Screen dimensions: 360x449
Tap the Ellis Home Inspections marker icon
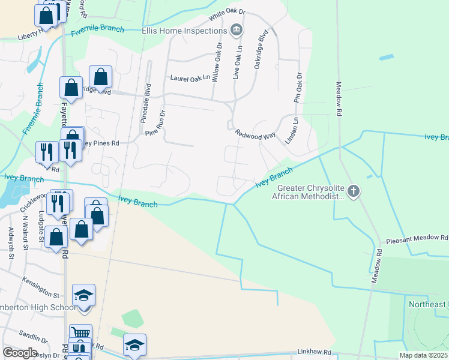point(237,29)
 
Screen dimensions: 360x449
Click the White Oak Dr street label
point(228,11)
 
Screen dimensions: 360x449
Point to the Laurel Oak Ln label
point(190,77)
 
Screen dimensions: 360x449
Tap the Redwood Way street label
point(255,134)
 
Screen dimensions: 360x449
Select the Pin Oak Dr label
point(297,88)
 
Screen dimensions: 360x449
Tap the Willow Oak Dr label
point(217,61)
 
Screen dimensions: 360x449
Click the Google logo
point(20,353)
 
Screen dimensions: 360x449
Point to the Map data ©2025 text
point(423,355)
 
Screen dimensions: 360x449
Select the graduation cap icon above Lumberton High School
point(84,295)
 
